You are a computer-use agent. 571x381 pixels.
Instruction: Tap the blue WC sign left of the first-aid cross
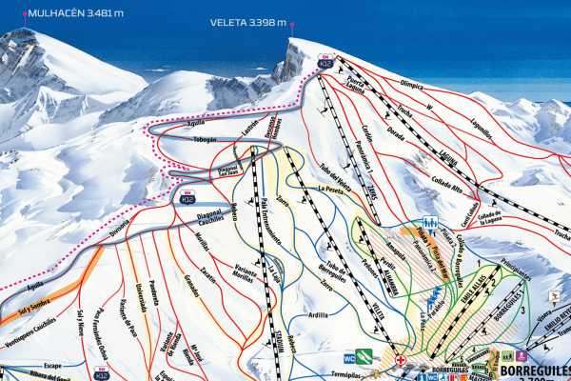tap(377, 359)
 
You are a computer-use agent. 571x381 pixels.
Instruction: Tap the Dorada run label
tap(393, 130)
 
